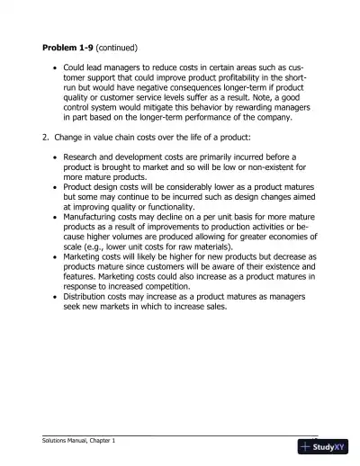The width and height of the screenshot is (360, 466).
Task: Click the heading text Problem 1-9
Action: click(67, 45)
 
